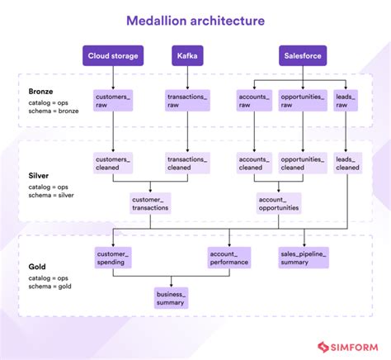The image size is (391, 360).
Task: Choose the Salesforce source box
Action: (x=302, y=57)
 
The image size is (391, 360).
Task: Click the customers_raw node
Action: (x=112, y=102)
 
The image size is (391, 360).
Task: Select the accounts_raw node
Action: (x=252, y=102)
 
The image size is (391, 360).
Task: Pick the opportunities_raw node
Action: (x=302, y=102)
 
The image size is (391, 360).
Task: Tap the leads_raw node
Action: (x=347, y=102)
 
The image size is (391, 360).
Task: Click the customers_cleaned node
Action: (x=112, y=163)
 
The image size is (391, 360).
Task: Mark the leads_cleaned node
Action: (x=347, y=163)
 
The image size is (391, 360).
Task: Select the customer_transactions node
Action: (x=150, y=203)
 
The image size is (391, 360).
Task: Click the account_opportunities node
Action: (x=279, y=203)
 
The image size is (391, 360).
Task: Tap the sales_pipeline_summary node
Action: (x=302, y=258)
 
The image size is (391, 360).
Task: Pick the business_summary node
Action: (x=172, y=297)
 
